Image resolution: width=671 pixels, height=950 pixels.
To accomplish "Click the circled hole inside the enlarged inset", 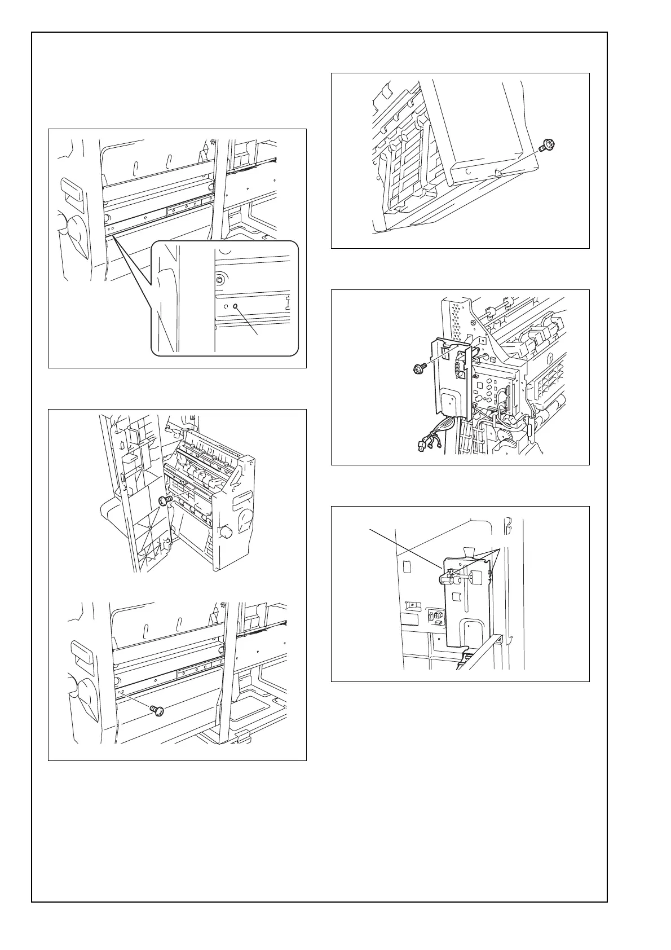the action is [x=235, y=306].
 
